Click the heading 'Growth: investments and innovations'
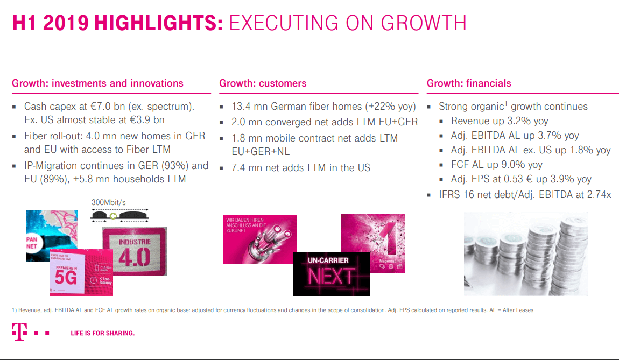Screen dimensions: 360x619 point(97,83)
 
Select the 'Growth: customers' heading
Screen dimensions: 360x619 point(263,83)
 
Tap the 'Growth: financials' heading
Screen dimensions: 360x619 point(469,83)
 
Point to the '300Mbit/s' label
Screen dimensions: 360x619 point(109,202)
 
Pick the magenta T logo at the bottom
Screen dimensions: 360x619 point(19,333)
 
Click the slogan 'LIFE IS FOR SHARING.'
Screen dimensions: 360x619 point(103,333)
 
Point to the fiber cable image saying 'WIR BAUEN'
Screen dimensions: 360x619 point(259,239)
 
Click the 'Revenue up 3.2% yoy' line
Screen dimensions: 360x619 point(500,121)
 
